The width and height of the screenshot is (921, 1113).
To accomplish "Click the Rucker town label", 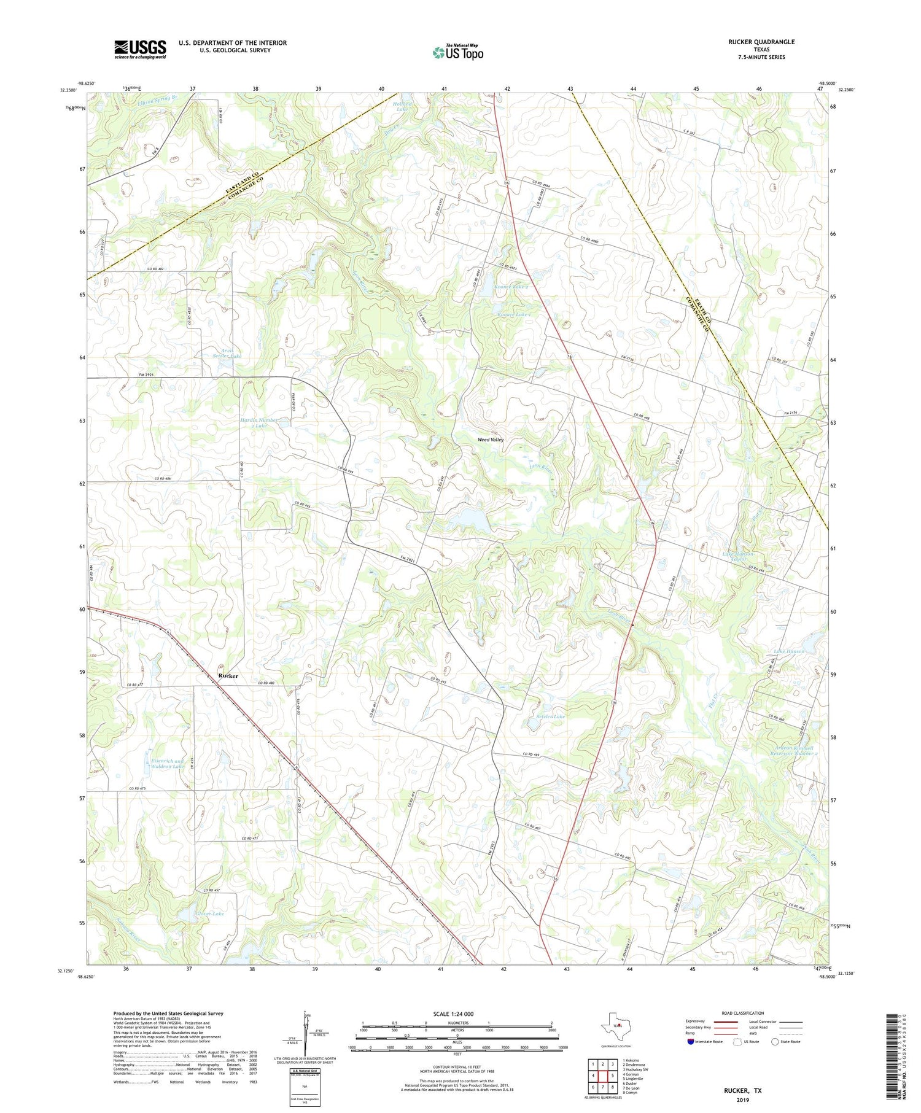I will coord(228,675).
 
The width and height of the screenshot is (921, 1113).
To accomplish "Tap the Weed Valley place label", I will coord(491,440).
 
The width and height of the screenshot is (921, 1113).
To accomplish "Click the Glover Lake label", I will coord(210,913).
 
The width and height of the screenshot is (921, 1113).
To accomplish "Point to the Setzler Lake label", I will coord(551,716).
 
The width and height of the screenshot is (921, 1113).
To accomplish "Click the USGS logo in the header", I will coord(140,49).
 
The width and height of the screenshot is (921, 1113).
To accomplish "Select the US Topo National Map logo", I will coord(457,52).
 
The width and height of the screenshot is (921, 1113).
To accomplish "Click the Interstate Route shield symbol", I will coord(691,1041).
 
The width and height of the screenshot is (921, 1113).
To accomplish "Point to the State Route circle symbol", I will coord(775,1041).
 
